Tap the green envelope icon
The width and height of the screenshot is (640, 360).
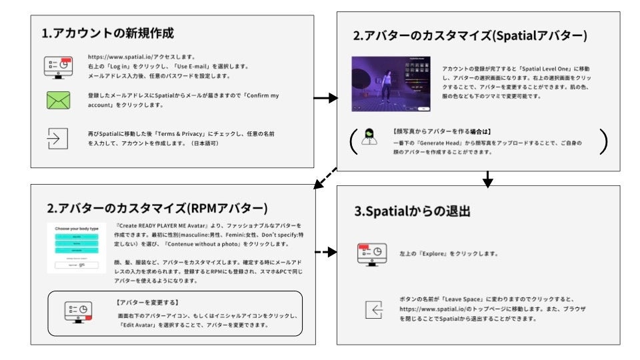point(58,101)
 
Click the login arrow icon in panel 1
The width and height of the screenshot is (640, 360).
point(58,137)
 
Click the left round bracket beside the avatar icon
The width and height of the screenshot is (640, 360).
point(351,141)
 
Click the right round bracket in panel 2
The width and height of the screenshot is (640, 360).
point(603,141)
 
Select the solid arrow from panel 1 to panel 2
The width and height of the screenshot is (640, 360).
point(325,98)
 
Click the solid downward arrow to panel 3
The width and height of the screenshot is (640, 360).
point(487,178)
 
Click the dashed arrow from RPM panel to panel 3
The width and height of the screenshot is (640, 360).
point(325,253)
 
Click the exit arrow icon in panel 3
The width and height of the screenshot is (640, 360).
point(374,309)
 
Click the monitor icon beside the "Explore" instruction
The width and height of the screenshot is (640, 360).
point(373,254)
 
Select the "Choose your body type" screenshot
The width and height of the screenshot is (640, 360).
point(76,248)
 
